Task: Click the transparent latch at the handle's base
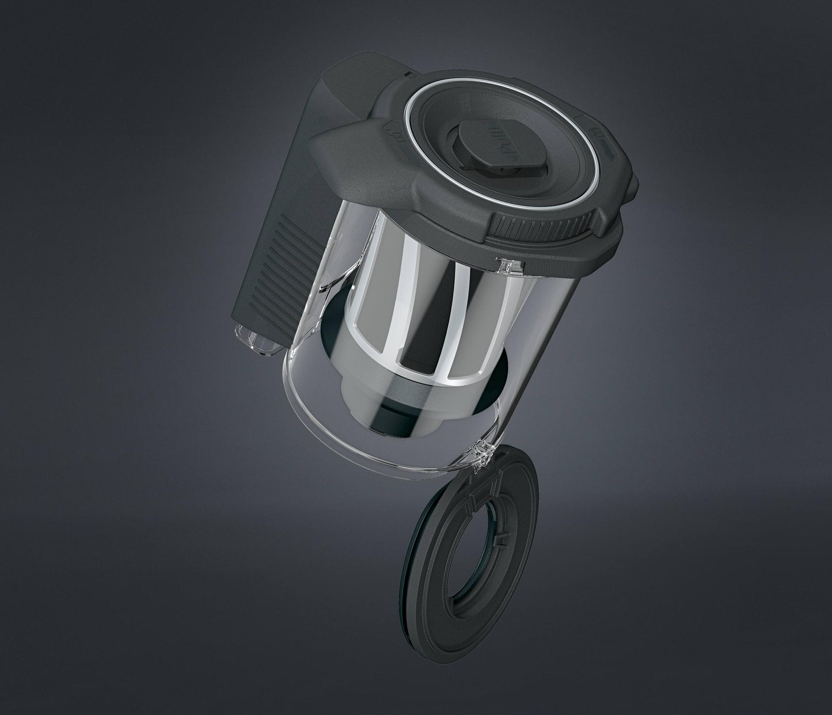coord(253,340)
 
